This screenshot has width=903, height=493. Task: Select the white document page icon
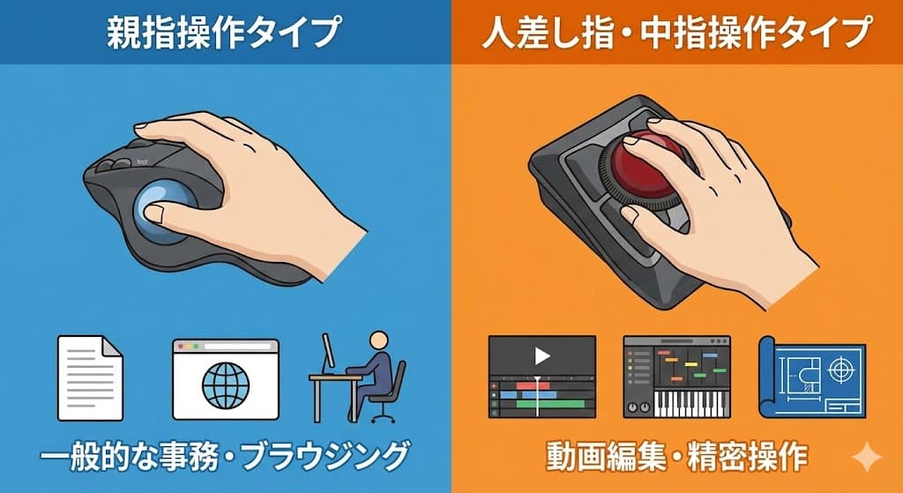(90, 377)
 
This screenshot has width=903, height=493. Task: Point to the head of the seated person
(378, 340)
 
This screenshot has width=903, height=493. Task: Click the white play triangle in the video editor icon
(542, 356)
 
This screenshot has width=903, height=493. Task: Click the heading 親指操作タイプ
(223, 33)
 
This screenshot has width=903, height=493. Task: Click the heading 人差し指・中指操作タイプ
(675, 33)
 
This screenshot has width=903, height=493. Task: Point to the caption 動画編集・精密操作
(676, 458)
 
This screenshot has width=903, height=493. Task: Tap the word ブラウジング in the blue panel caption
(325, 458)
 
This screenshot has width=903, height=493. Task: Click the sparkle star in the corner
(867, 458)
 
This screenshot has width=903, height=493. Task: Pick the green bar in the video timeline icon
(555, 404)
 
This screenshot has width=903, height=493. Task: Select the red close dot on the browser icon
(180, 346)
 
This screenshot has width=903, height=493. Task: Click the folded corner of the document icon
(113, 346)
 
